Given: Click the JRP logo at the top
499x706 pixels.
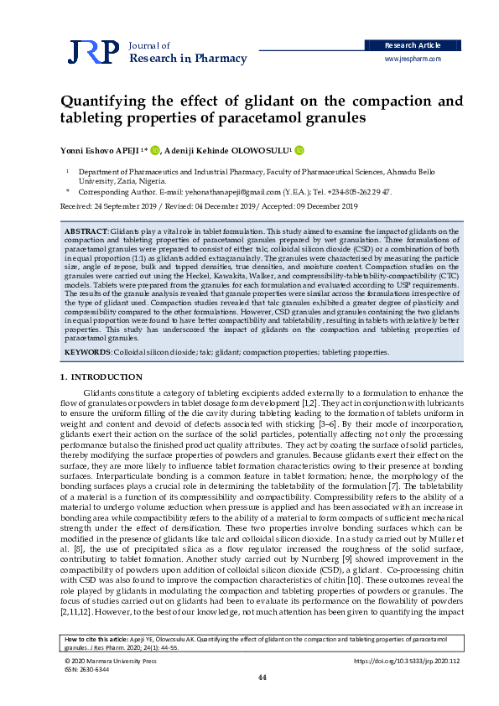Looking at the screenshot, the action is pyautogui.click(x=93, y=52).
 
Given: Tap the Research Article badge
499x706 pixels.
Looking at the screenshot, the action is pyautogui.click(x=411, y=44).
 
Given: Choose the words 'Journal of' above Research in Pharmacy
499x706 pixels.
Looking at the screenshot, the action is pyautogui.click(x=150, y=45).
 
